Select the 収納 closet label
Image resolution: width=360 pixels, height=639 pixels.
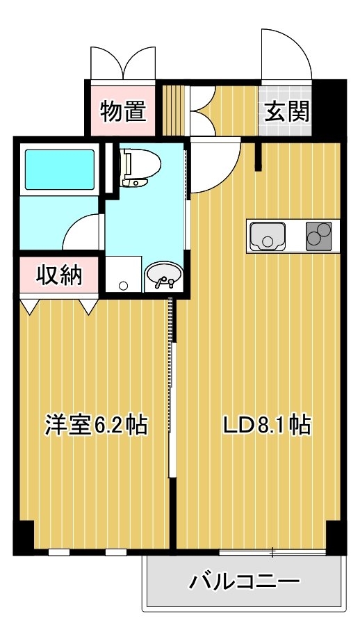tap(60, 276)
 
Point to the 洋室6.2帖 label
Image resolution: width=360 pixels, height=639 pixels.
tap(96, 425)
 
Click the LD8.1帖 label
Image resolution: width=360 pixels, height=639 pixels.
tap(267, 425)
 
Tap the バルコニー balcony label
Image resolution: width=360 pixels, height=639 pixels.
tap(245, 581)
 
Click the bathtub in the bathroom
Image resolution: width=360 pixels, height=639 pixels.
tap(60, 170)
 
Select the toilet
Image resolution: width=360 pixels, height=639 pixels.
tap(140, 167)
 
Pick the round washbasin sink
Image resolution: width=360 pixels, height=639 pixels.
tap(164, 276)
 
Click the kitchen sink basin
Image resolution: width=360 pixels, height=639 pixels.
tap(267, 236)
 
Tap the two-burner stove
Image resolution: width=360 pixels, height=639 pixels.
tap(319, 236)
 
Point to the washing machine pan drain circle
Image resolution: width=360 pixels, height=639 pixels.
tap(124, 285)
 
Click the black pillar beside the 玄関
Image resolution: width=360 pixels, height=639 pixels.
tap(329, 108)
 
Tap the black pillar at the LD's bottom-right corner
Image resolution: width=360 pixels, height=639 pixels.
tap(336, 537)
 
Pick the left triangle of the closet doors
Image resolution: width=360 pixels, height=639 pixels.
tap(29, 307)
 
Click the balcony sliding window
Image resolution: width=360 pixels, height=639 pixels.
tap(272, 553)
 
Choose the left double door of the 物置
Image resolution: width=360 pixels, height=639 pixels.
tap(106, 63)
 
